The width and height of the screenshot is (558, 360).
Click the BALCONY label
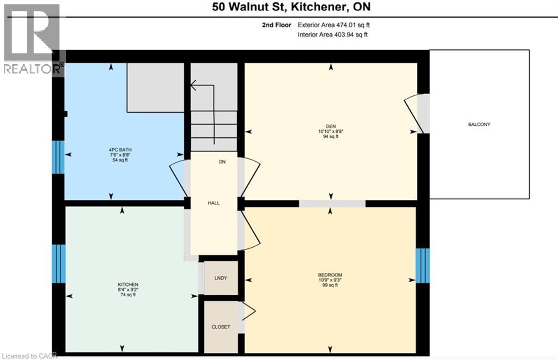pos(479,125)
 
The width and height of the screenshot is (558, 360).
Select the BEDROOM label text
pos(330,274)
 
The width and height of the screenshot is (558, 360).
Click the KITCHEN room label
pos(128,285)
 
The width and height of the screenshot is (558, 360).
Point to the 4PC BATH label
pos(120,150)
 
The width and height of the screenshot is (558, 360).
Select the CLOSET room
pos(221,327)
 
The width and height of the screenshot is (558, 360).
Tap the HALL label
pos(214,203)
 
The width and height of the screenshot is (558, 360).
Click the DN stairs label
pos(222,162)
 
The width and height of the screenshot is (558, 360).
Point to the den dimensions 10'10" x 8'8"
pos(330,131)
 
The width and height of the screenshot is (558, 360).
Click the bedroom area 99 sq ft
pos(330,285)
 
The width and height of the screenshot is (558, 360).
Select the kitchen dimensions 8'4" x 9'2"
pos(128,290)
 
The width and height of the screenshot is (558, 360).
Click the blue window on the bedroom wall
pos(422,265)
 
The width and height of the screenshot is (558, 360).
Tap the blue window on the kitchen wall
pos(58,264)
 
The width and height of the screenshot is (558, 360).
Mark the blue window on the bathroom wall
pos(58,157)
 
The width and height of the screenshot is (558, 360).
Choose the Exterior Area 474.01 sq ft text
pos(337,25)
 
